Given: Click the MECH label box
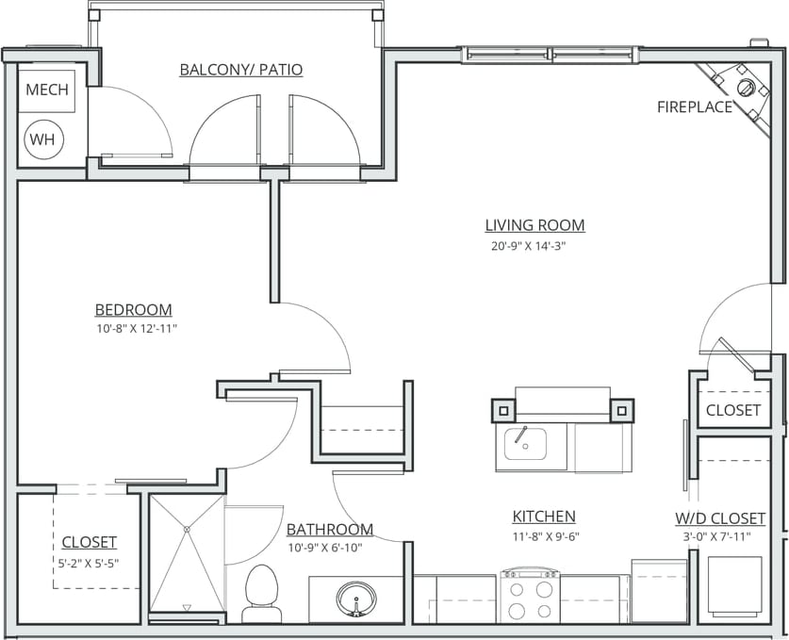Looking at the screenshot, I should (x=47, y=90).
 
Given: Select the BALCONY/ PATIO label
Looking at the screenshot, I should (x=241, y=71).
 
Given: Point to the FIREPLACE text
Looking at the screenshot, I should (x=695, y=107).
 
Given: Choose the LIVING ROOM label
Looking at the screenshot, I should (x=534, y=225).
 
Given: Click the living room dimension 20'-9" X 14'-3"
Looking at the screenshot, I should (x=527, y=245).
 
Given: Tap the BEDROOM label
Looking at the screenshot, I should (x=133, y=310).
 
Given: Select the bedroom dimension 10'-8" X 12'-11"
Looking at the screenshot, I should (x=136, y=329).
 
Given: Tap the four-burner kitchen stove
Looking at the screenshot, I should (x=529, y=597).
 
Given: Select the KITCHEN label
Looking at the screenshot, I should (x=544, y=517).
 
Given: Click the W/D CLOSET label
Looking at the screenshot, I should (x=720, y=519).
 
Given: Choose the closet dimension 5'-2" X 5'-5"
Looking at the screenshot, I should (x=90, y=564).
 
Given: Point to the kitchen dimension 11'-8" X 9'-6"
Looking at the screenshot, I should (x=544, y=536).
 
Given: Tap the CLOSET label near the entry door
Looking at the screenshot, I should (x=732, y=410).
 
